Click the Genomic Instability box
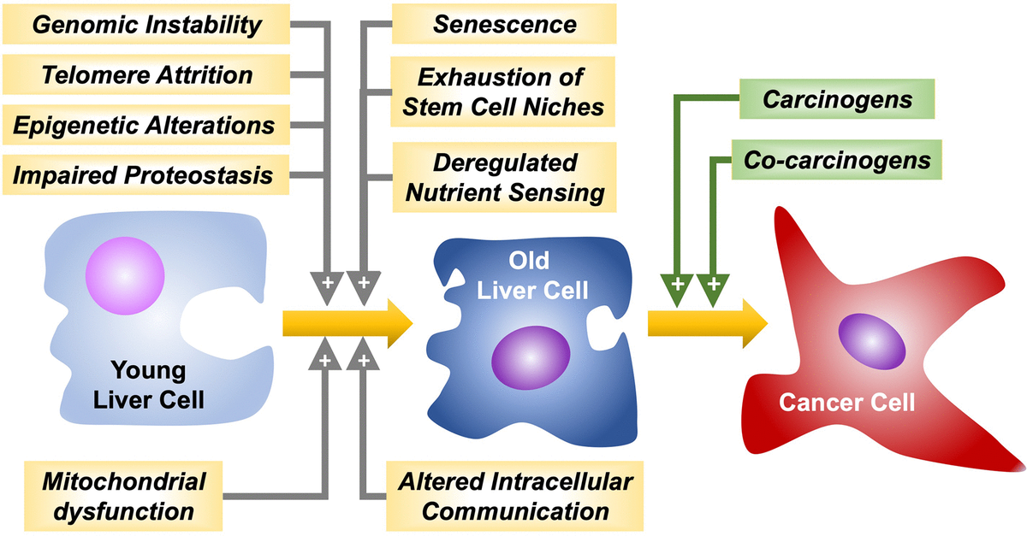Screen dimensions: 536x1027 tap(146, 24)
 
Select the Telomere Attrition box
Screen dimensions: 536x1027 tap(146, 74)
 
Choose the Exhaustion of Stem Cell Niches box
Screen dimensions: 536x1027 tap(500, 91)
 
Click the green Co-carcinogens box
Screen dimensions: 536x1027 tap(837, 160)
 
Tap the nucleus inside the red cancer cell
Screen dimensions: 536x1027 tap(870, 341)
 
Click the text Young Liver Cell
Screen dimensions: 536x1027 tap(146, 384)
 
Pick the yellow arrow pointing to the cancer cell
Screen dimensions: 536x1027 tap(706, 323)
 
